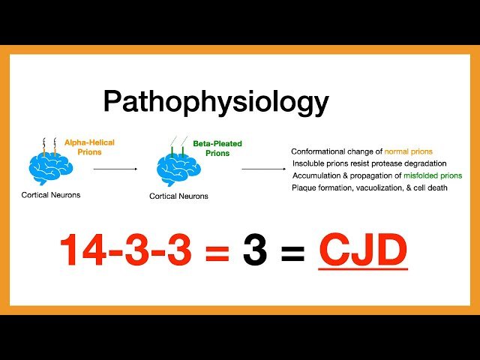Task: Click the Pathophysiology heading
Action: pos(216,102)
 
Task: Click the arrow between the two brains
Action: pos(115,169)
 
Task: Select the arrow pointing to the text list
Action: pos(262,169)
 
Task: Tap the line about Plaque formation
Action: pos(369,187)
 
